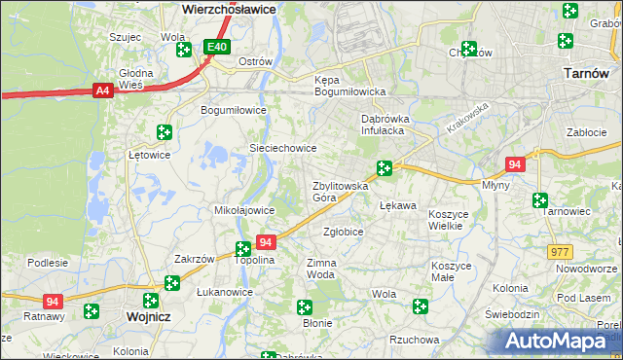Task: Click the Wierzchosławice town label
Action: point(229,8)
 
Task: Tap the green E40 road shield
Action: point(217,47)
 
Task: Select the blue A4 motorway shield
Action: point(102,90)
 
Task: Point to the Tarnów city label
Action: point(587,73)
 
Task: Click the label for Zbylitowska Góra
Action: point(338,191)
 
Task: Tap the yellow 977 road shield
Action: point(560,252)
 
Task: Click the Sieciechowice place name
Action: point(283,148)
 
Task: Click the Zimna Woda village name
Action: point(321,269)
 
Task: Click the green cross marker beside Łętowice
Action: point(165,132)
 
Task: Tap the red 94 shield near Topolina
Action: point(266,241)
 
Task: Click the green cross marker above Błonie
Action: point(305,307)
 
